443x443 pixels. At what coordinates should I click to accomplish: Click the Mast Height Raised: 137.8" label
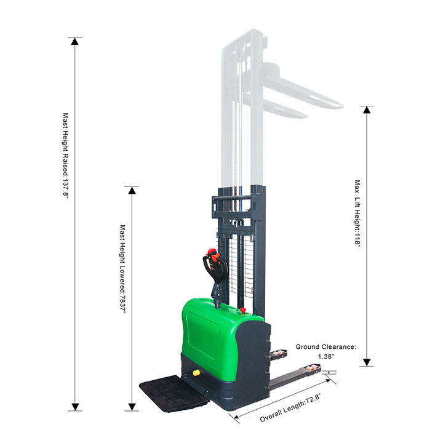[x=66, y=156]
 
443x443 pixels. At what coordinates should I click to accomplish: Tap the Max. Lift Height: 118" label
[x=357, y=214]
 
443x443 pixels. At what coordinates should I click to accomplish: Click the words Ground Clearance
[x=325, y=346]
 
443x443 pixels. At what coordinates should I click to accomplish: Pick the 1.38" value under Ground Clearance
[x=326, y=356]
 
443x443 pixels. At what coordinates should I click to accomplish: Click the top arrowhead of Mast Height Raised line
[x=75, y=41]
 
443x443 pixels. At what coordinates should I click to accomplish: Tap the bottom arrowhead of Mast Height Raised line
[x=75, y=407]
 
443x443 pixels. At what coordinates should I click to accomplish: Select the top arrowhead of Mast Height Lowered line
[x=132, y=190]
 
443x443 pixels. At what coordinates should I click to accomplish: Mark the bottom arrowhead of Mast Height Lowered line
[x=132, y=407]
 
